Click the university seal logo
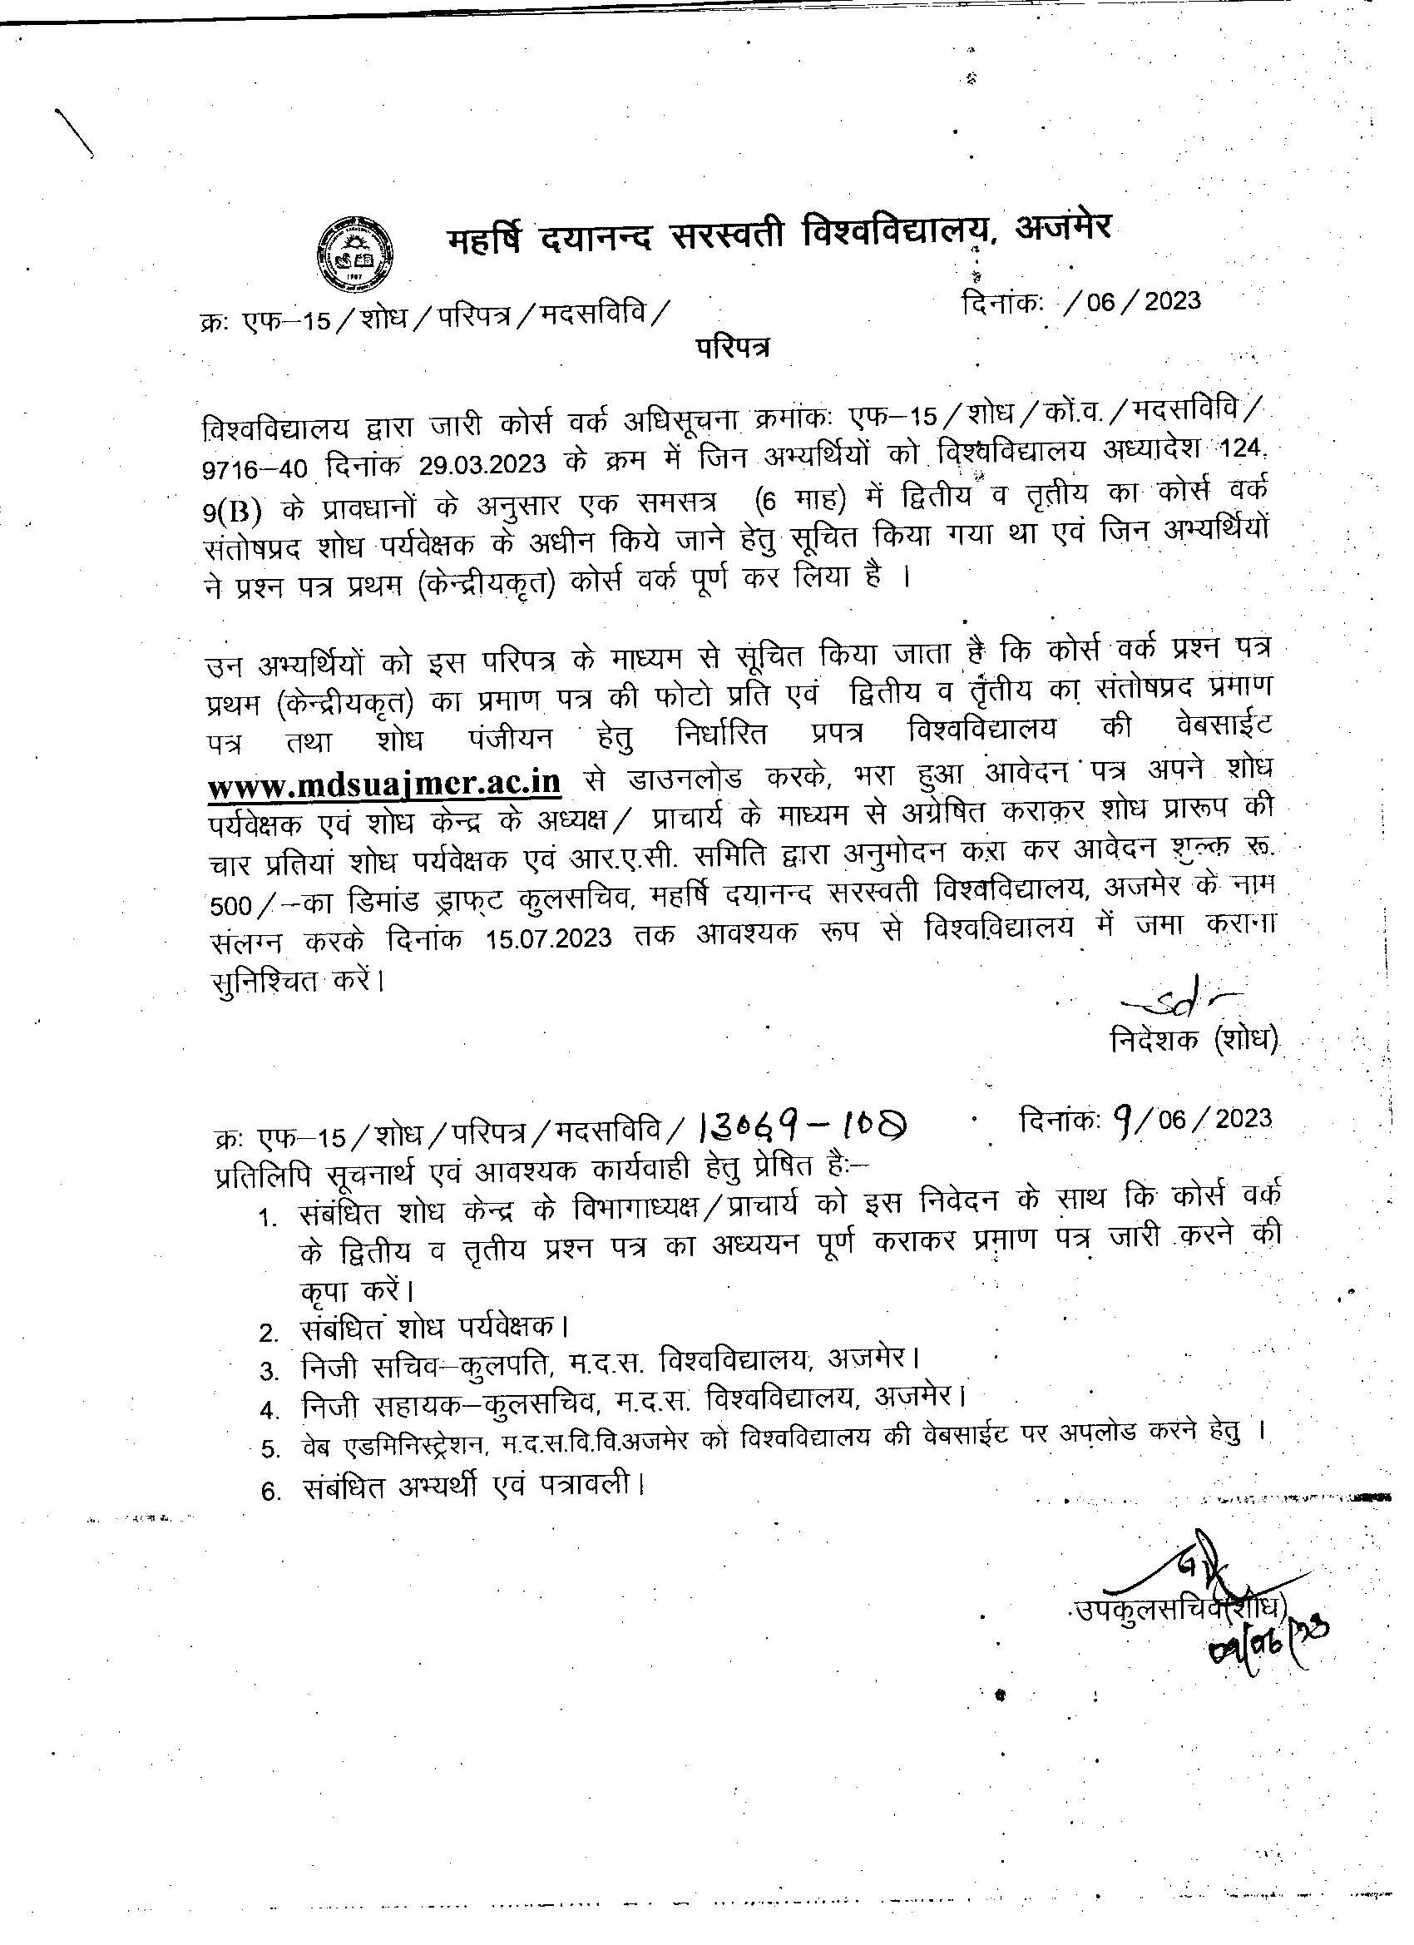pyautogui.click(x=356, y=255)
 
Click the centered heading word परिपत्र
pyautogui.click(x=731, y=348)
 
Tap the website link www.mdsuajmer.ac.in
pyautogui.click(x=385, y=783)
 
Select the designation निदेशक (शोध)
pyautogui.click(x=1193, y=1040)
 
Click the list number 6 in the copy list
pyautogui.click(x=269, y=1492)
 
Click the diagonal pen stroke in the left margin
pyautogui.click(x=75, y=132)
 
